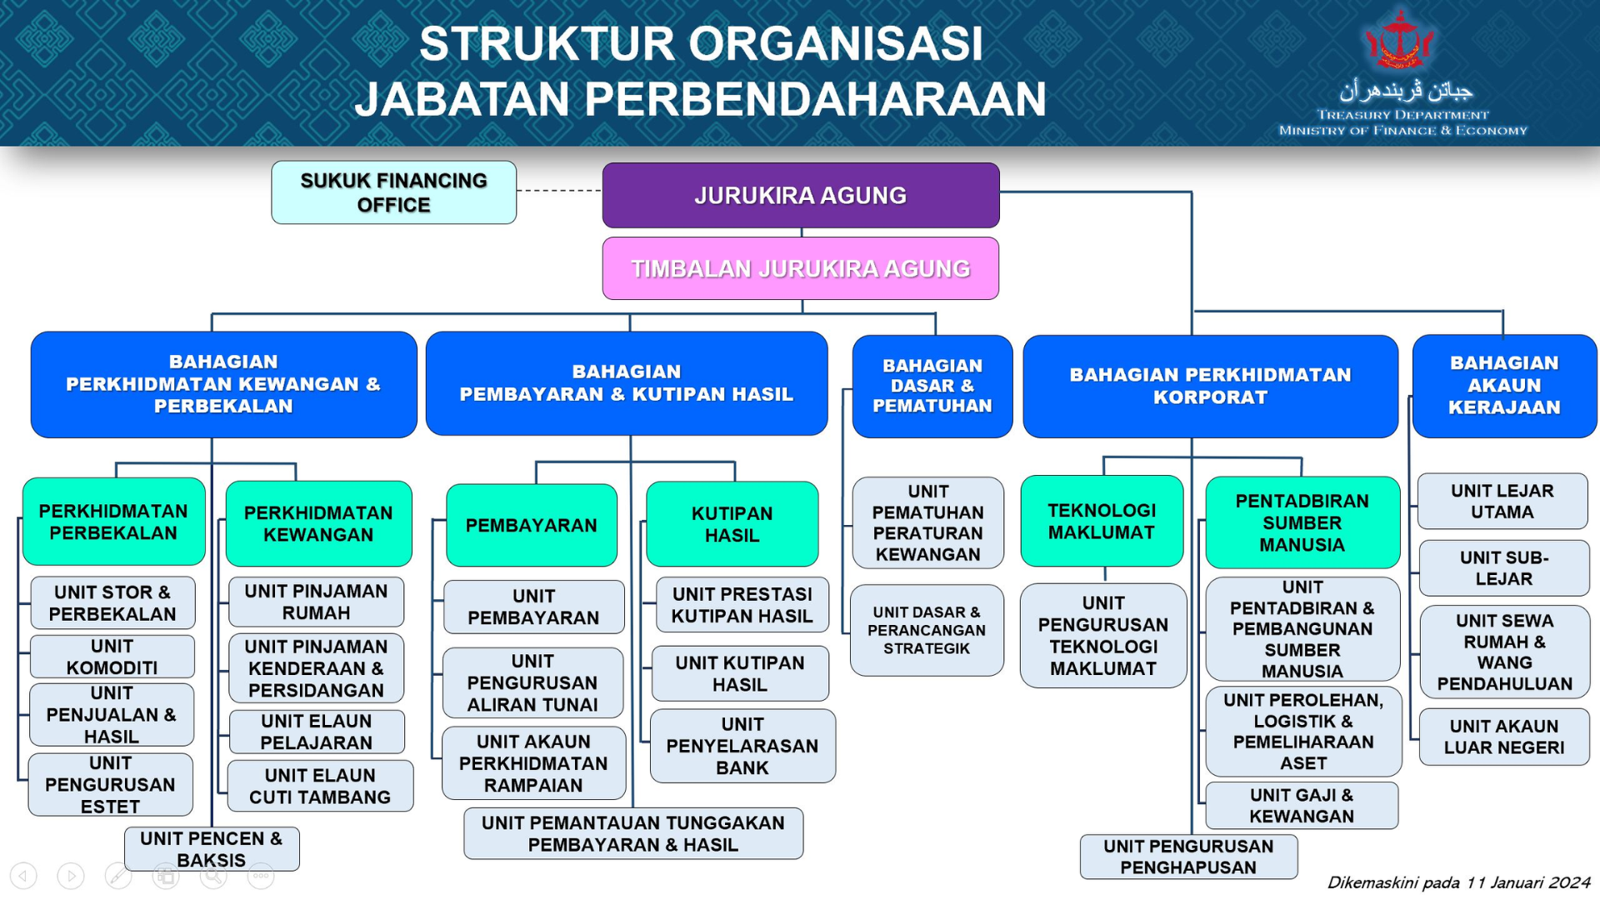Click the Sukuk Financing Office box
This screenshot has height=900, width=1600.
coord(393,192)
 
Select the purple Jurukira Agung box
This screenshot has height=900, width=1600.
coord(800,195)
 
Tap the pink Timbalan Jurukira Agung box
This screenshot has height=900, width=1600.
coord(800,268)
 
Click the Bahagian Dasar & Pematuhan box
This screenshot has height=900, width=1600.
coord(932,386)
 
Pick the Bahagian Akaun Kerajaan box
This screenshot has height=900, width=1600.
coord(1503,385)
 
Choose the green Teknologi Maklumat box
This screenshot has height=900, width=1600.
coord(1102,521)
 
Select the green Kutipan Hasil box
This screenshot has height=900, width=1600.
coord(732,524)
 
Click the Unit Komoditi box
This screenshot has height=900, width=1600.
coord(112,657)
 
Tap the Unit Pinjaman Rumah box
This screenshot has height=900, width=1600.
coord(316,602)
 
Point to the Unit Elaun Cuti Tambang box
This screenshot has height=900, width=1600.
coord(320,786)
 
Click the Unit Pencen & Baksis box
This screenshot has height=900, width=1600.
coord(212,848)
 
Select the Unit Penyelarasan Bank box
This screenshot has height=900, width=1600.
coord(742,746)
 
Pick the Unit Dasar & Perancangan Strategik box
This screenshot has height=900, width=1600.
coord(927,630)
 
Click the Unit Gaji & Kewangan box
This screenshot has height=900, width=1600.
coord(1301,805)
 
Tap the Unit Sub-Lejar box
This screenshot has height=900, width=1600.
coord(1503,567)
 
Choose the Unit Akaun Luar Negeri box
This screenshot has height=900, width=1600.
coord(1503,737)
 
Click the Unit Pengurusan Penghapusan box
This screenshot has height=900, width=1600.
coord(1188,857)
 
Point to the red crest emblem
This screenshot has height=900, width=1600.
coord(1399,42)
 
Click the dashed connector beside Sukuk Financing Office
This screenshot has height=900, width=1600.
coord(558,191)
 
